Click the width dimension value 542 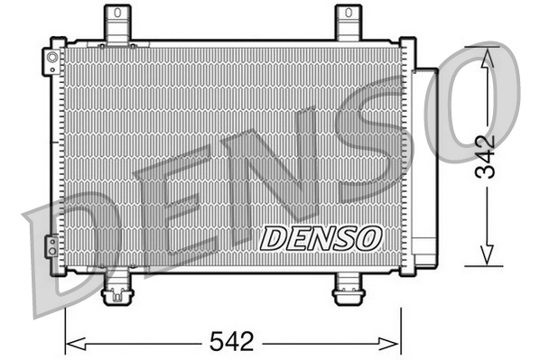tap(233, 342)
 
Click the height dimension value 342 tap(486, 157)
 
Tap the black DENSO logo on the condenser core tap(321, 238)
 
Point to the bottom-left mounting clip tap(117, 289)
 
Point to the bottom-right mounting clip tap(348, 289)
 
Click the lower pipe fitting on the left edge tap(51, 245)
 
